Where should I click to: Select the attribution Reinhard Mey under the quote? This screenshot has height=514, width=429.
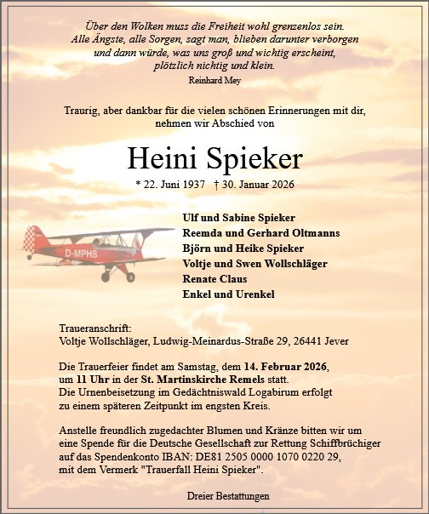[x=214, y=80]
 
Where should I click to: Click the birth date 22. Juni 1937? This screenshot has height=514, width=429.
[x=173, y=185]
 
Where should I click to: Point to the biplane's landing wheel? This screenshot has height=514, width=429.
[x=130, y=276]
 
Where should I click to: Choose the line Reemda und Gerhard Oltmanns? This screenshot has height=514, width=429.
[x=243, y=232]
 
